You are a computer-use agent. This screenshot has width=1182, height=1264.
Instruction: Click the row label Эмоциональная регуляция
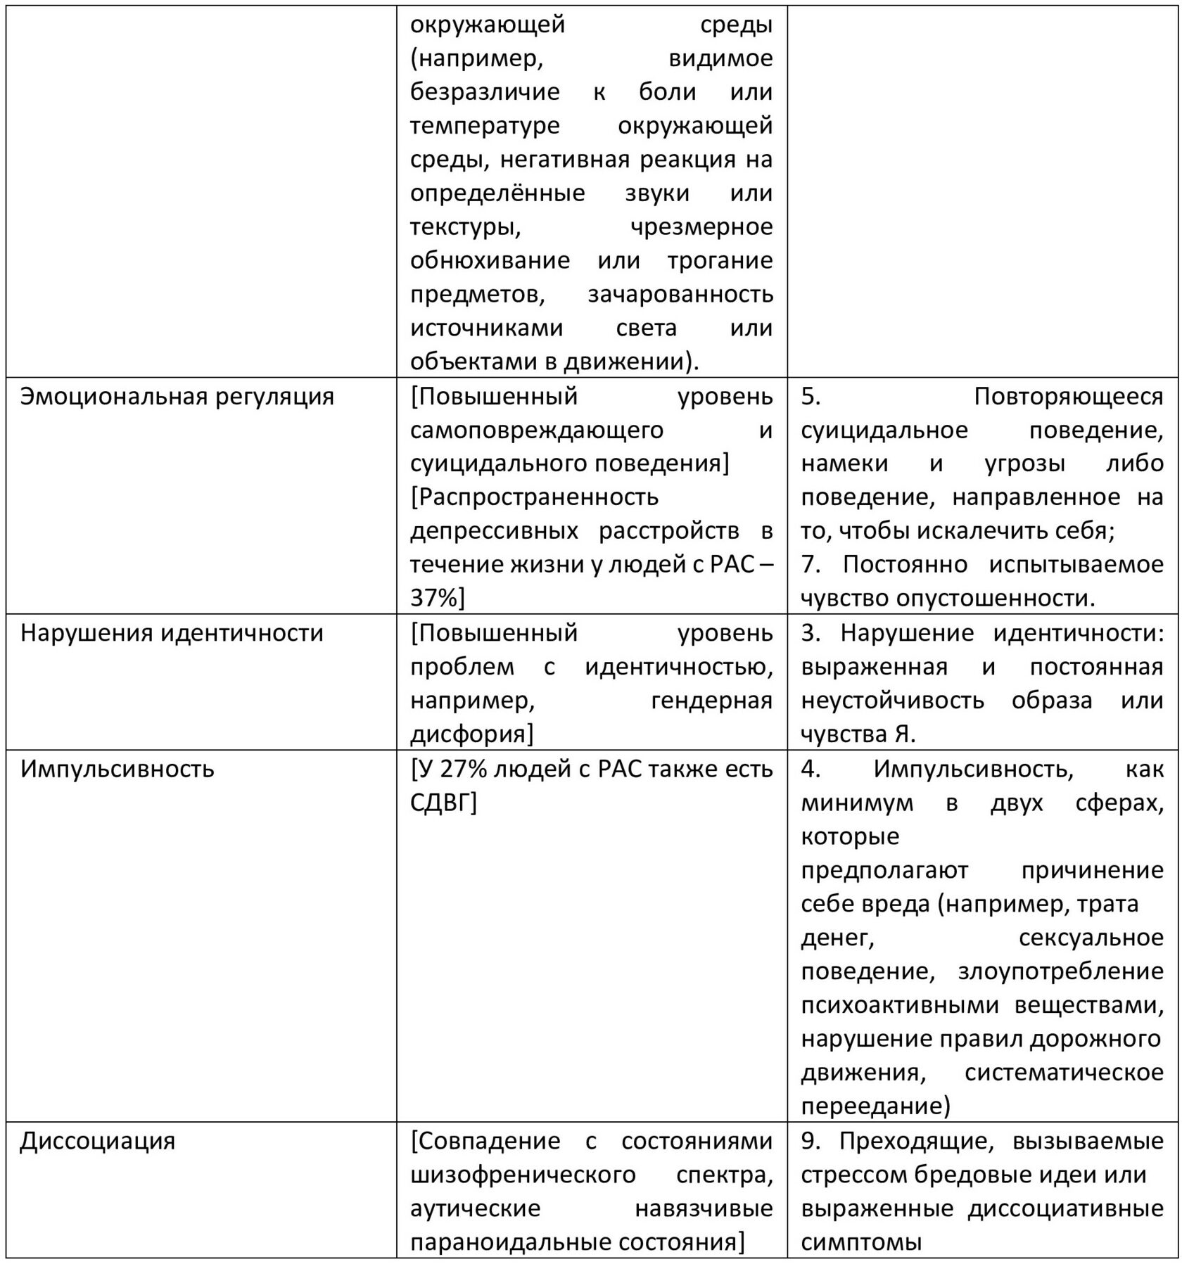(x=177, y=397)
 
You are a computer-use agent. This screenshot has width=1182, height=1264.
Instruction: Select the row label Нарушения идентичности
(x=172, y=633)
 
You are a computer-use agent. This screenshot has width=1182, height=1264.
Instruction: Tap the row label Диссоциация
(x=97, y=1140)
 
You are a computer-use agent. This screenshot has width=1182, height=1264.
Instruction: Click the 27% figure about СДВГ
(x=458, y=769)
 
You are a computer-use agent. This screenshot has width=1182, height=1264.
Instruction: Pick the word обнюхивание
(x=490, y=260)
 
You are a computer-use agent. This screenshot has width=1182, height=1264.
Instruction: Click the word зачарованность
(x=680, y=294)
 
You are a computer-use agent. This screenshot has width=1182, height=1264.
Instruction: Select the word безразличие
(x=485, y=91)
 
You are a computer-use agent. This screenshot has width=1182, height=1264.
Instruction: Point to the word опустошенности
(x=996, y=598)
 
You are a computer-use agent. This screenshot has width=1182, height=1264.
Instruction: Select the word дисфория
(x=468, y=734)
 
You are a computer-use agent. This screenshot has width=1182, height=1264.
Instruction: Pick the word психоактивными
(x=899, y=1005)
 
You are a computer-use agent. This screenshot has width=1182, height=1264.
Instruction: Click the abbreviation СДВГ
(x=443, y=803)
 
